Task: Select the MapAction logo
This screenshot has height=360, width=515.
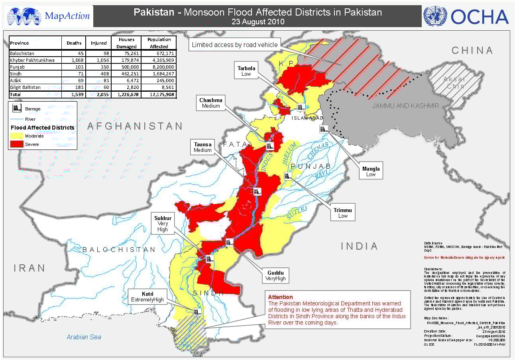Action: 49,16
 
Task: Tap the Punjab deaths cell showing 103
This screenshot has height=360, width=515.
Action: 74,67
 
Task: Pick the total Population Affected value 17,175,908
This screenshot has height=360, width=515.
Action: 159,94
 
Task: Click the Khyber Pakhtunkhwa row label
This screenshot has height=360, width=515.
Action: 33,60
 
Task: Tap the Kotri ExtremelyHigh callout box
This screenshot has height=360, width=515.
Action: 147,296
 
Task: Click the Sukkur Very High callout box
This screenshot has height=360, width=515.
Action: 163,224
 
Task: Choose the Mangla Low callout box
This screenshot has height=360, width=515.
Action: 371,171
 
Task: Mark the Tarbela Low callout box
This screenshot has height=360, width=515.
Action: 246,71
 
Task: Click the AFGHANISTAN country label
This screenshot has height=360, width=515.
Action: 135,126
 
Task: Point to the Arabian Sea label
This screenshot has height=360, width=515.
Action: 84,337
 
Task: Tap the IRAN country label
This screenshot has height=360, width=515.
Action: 30,268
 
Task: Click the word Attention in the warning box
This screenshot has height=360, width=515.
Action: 280,297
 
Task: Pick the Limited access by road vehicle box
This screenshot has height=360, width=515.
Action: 235,45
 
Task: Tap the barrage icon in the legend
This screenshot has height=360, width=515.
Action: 17,108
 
